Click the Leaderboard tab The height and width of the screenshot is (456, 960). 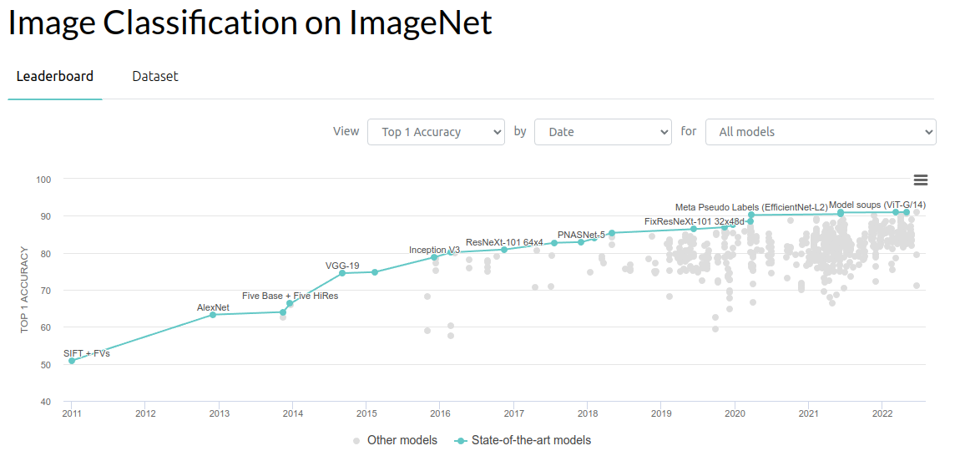click(55, 76)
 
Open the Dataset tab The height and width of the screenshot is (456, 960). click(155, 76)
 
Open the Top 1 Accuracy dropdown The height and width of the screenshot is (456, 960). click(436, 132)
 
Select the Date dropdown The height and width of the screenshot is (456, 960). click(603, 132)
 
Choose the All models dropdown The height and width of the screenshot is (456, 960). click(821, 132)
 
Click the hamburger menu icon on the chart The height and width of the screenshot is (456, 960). click(921, 180)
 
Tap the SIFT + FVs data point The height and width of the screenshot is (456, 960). click(72, 361)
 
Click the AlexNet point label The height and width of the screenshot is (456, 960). click(213, 307)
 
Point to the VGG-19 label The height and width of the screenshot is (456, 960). click(342, 266)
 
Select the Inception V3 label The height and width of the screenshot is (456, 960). click(434, 250)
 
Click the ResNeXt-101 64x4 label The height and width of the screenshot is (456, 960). click(504, 242)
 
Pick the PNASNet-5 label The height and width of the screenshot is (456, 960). click(581, 235)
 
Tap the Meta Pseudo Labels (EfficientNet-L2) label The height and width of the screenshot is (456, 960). click(751, 206)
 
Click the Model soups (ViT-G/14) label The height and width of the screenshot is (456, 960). click(877, 205)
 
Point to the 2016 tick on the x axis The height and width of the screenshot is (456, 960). click(440, 413)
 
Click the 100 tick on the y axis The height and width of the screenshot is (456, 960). click(44, 180)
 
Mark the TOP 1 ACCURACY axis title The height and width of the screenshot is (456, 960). click(25, 290)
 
